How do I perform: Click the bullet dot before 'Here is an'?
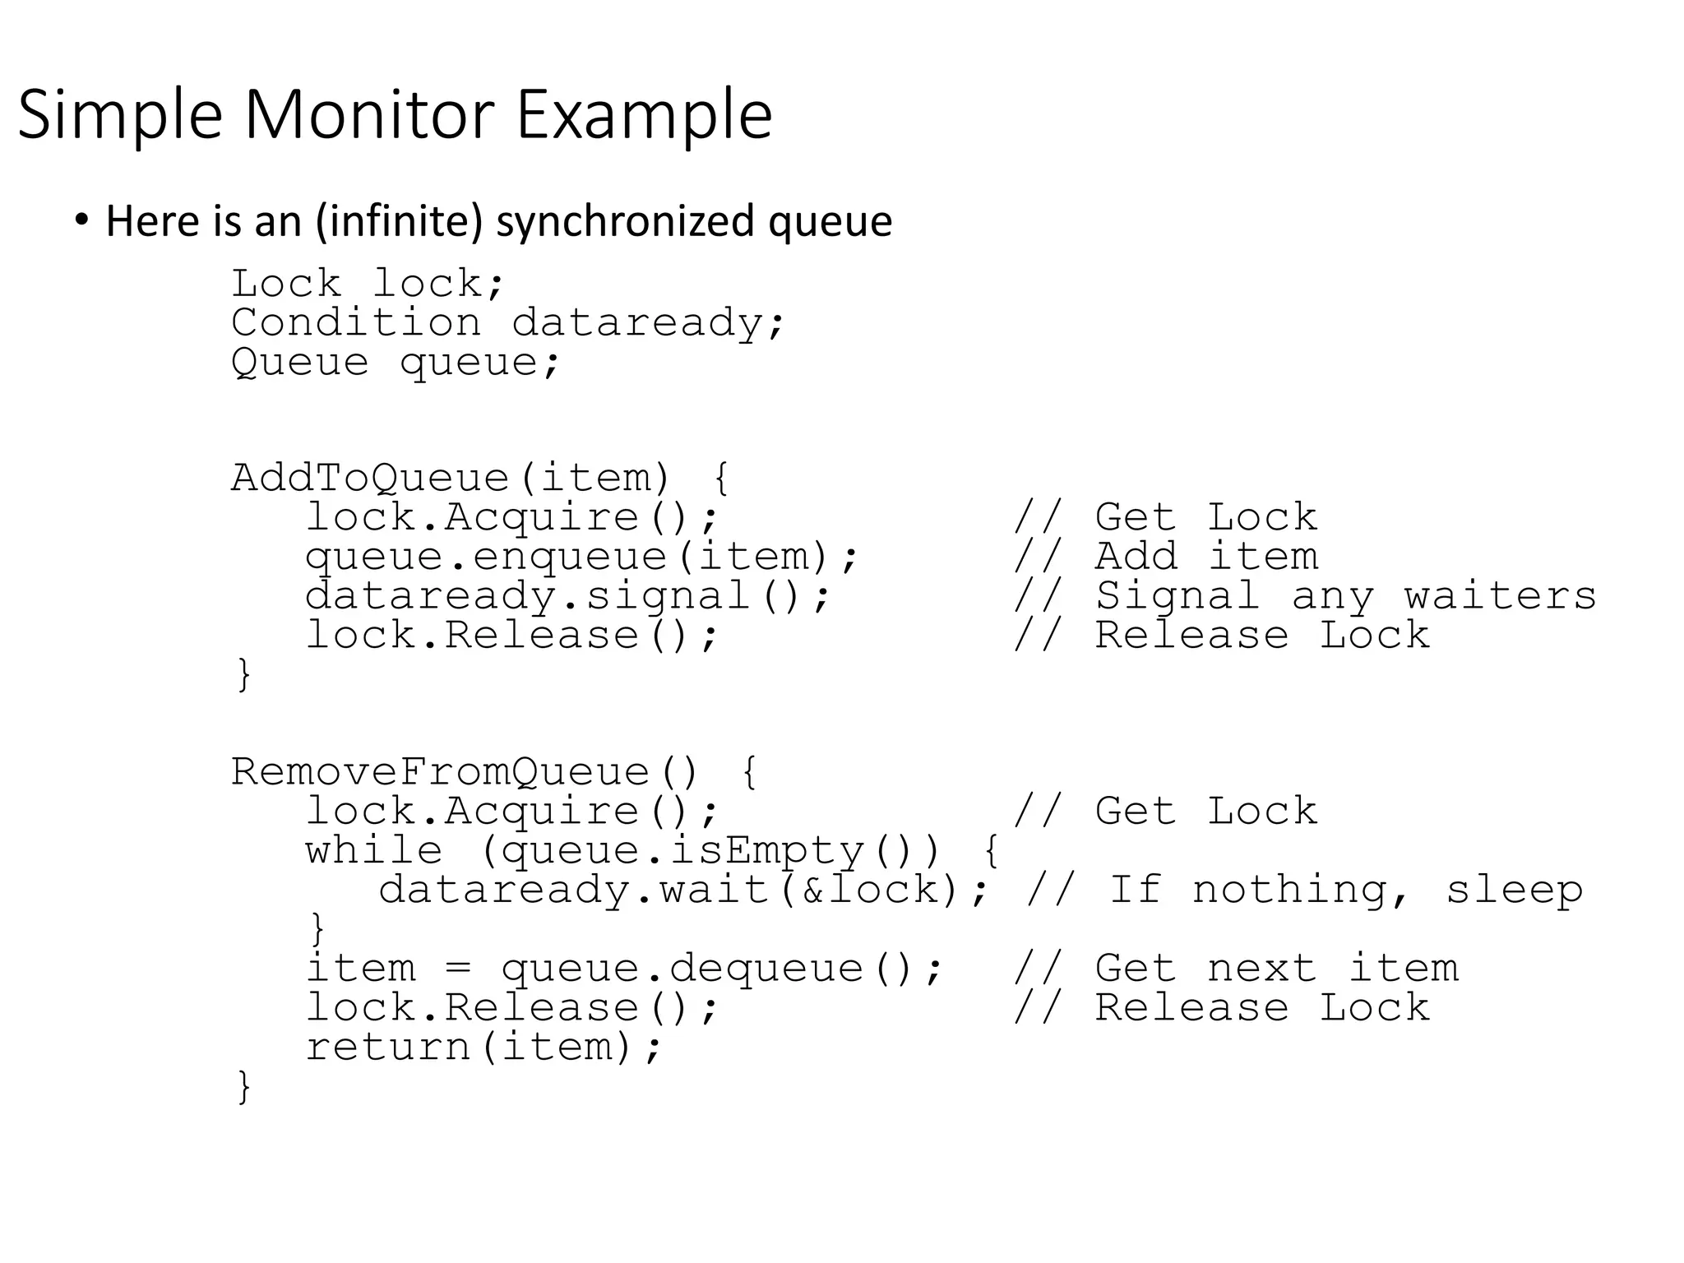81,220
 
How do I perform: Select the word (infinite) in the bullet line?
399,221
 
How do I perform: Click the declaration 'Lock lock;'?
367,284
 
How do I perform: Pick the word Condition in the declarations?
356,322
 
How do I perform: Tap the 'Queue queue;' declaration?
395,362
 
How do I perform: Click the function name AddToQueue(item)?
451,478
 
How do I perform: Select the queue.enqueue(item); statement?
581,557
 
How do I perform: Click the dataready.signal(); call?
567,596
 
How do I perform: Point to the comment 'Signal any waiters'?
1345,596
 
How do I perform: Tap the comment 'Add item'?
1206,557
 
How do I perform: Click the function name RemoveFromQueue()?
464,772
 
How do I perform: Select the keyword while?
374,850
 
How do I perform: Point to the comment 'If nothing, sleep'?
1345,890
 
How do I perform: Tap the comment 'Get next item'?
1276,968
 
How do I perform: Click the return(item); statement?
483,1047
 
